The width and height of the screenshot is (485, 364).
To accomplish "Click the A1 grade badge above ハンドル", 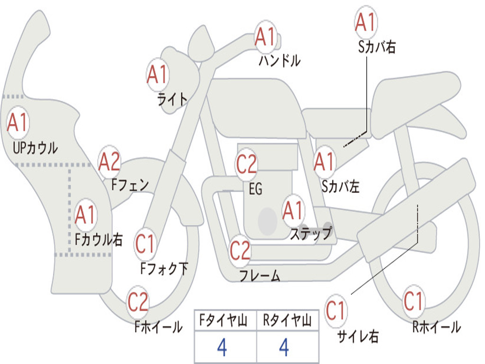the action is pyautogui.click(x=265, y=36).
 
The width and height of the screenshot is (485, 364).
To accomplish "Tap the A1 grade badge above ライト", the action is pyautogui.click(x=158, y=75).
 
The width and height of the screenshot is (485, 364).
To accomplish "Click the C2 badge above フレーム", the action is pyautogui.click(x=240, y=250).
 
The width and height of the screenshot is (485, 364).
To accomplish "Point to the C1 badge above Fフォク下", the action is pyautogui.click(x=145, y=244).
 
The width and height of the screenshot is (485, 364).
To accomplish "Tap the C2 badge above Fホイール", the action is pyautogui.click(x=138, y=301).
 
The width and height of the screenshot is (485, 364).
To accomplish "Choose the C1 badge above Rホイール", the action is pyautogui.click(x=413, y=301).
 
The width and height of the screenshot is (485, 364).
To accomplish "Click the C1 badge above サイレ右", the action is pyautogui.click(x=336, y=310).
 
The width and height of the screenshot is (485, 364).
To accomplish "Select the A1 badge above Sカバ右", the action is pyautogui.click(x=366, y=22).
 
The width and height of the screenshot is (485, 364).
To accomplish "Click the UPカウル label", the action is pyautogui.click(x=35, y=148).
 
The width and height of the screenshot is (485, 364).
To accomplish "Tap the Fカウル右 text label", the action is pyautogui.click(x=99, y=239).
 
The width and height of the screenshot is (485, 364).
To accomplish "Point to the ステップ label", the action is pyautogui.click(x=311, y=233).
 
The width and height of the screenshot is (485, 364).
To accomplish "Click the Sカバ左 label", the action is pyautogui.click(x=340, y=186).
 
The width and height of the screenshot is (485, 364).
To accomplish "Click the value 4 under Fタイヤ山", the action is pyautogui.click(x=222, y=347).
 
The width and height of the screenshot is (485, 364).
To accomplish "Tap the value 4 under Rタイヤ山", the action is pyautogui.click(x=284, y=347).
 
